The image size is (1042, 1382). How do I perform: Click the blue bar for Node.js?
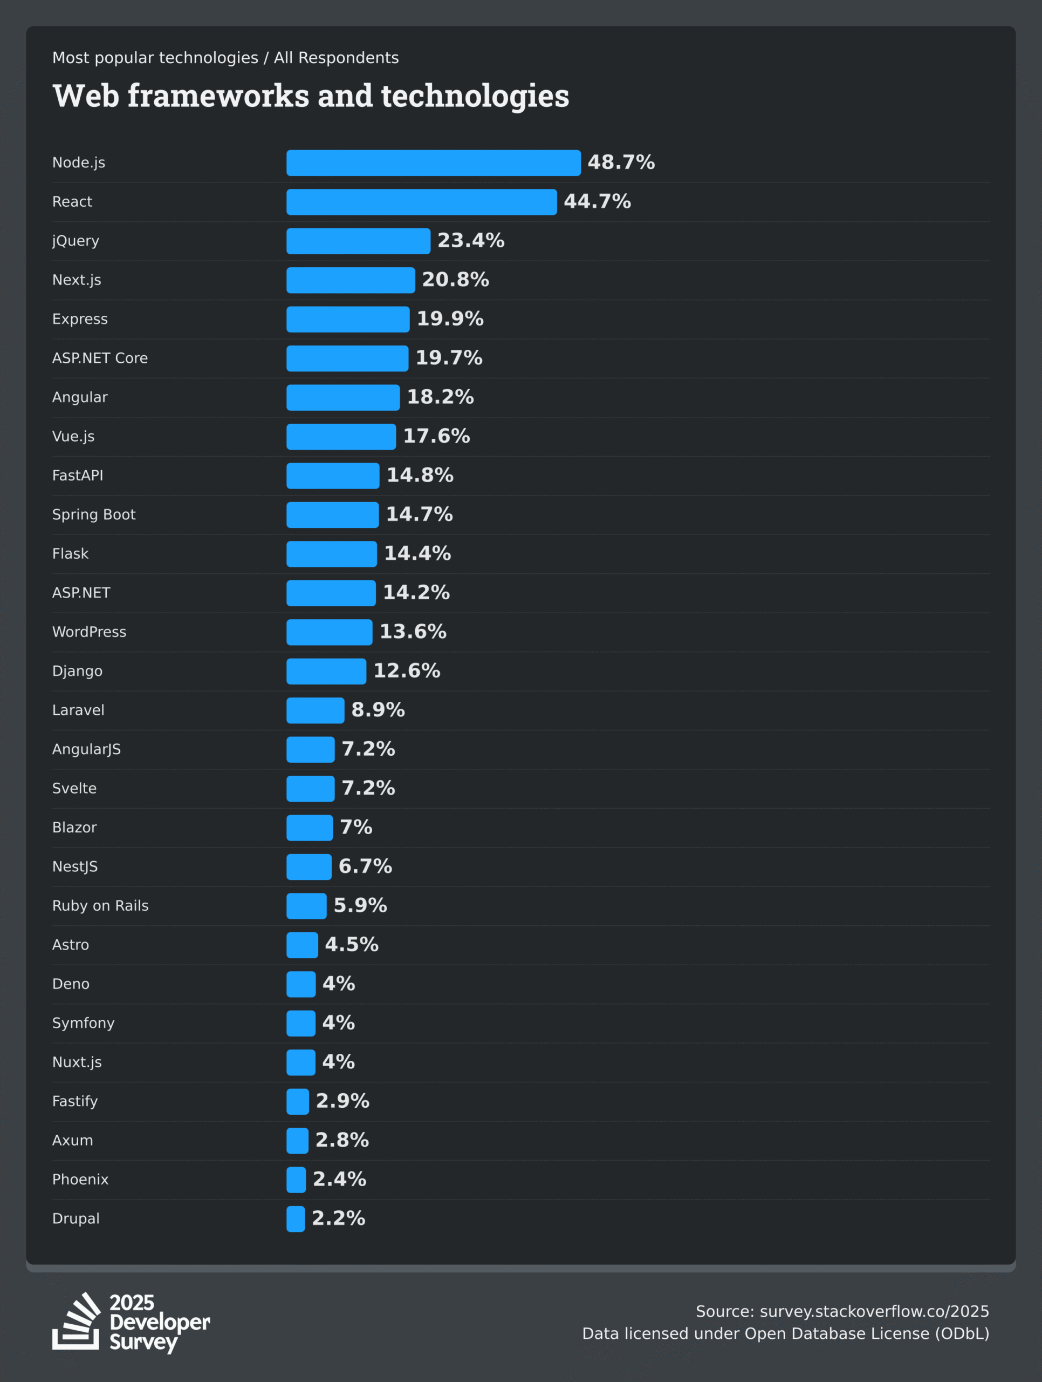pos(433,163)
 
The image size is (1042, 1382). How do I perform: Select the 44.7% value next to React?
pos(597,202)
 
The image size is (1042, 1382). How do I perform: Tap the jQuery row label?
pos(76,241)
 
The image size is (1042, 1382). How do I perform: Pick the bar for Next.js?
pos(350,281)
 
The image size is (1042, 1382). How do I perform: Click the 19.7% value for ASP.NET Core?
pos(449,358)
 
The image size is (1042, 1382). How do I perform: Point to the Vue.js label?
pos(73,437)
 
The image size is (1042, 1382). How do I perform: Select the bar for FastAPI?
pos(333,476)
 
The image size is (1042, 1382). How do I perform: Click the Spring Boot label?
pos(94,515)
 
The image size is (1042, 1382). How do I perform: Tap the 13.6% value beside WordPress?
pos(413,632)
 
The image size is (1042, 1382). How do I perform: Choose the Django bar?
pos(326,672)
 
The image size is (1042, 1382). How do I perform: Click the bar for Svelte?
pos(310,789)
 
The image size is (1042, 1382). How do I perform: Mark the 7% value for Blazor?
pos(356,827)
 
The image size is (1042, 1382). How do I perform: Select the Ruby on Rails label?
pos(100,906)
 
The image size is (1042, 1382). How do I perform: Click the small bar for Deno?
pos(301,984)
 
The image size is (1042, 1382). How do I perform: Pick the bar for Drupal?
pos(296,1219)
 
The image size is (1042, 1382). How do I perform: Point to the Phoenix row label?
pos(80,1180)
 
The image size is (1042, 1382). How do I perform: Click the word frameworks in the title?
pos(218,96)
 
